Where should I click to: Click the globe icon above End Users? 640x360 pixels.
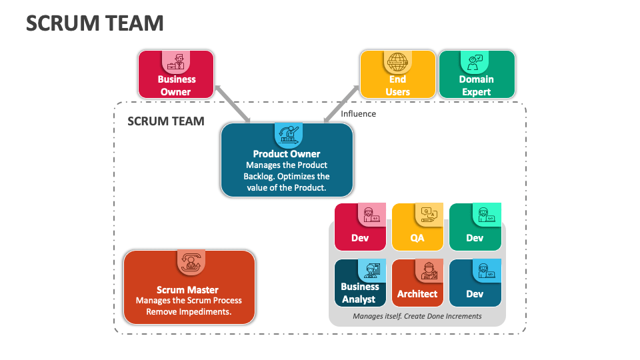(x=397, y=62)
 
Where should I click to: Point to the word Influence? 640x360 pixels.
(x=359, y=113)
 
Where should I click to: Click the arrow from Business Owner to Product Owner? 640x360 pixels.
(x=233, y=103)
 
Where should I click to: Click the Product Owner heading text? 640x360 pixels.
(x=287, y=154)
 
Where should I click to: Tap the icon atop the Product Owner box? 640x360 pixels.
(x=288, y=135)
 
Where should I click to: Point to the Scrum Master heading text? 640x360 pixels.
(x=187, y=290)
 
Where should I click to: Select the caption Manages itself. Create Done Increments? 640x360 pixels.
(x=417, y=316)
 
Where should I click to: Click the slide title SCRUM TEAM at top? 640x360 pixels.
(x=95, y=23)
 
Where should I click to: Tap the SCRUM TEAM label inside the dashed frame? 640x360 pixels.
(x=166, y=121)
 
